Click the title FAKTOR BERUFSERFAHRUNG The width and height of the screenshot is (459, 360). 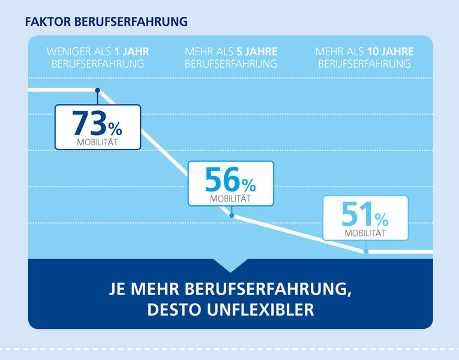tap(106, 22)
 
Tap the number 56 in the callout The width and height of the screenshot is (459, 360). tap(223, 179)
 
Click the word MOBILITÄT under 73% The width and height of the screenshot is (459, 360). tap(97, 142)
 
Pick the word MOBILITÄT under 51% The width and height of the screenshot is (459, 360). tap(365, 233)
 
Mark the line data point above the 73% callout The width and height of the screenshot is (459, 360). tap(98, 90)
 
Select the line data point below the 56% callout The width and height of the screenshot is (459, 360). tap(232, 215)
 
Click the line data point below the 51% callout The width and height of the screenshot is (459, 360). tap(366, 251)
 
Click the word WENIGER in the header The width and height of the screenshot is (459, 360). tap(68, 52)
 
